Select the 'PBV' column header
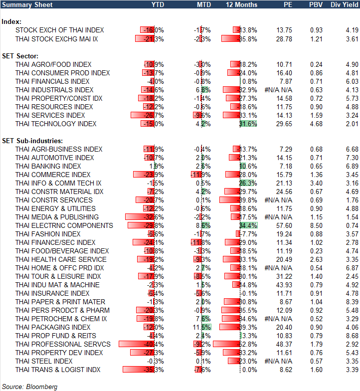point(316,4)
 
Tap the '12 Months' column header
point(242,4)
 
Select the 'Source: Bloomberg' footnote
point(30,387)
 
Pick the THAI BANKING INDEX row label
point(48,166)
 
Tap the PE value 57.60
point(284,225)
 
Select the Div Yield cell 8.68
point(352,336)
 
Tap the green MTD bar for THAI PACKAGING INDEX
point(206,327)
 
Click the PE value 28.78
point(284,38)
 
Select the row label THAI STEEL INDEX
point(44,361)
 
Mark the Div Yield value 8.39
point(352,302)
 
